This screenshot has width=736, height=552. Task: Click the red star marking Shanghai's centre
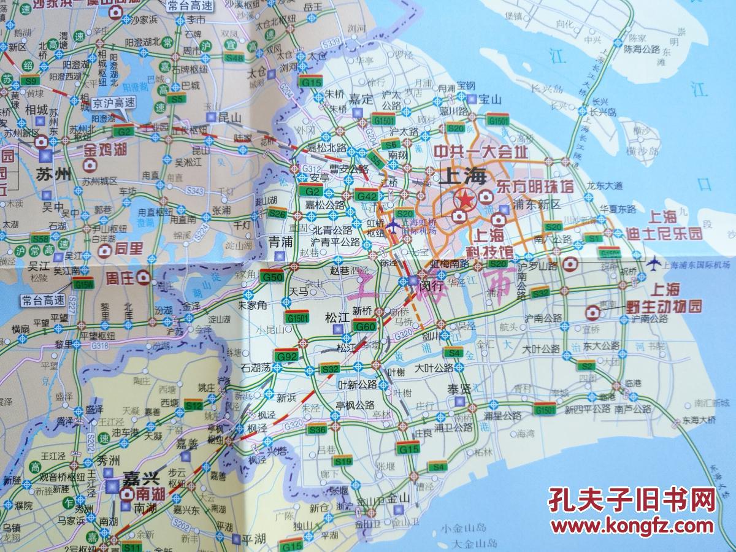(465, 199)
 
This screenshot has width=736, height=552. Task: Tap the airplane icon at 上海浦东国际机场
(654, 264)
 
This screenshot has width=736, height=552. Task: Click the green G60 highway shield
(365, 327)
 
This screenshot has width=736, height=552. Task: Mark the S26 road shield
(277, 213)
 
